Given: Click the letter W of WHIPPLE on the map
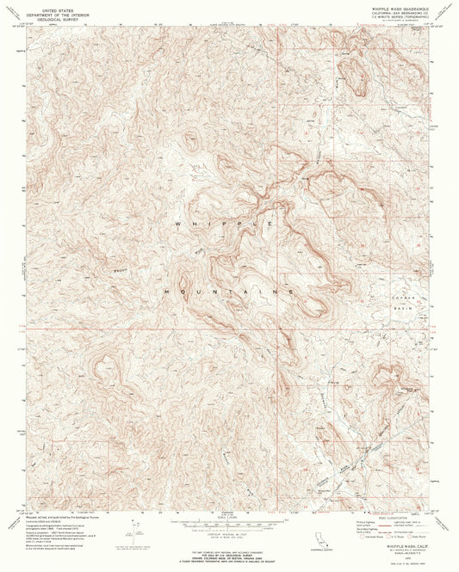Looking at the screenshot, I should tap(177, 224).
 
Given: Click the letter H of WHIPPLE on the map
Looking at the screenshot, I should tap(195, 224).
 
